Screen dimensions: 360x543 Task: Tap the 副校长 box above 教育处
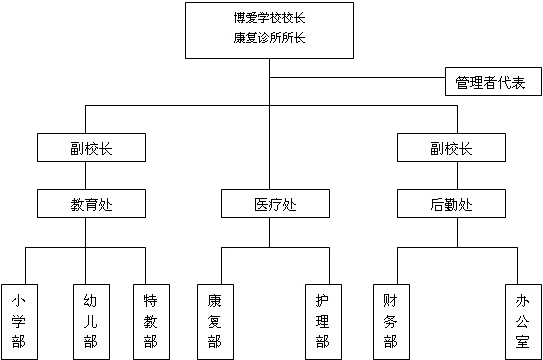click(x=91, y=148)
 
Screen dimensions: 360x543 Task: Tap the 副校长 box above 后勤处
click(x=450, y=148)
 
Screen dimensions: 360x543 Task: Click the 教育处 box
click(x=91, y=204)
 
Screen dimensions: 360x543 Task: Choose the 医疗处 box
click(x=274, y=204)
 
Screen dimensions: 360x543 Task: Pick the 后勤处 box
click(x=450, y=204)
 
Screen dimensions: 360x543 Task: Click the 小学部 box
click(x=19, y=320)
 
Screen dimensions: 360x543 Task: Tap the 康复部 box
click(x=215, y=320)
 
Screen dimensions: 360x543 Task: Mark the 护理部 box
click(x=321, y=320)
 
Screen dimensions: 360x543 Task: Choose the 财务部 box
click(x=390, y=320)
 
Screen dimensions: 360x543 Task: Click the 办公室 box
click(x=523, y=320)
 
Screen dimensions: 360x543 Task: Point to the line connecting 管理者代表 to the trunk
click(x=360, y=77)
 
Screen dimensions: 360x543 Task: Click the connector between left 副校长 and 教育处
click(x=86, y=176)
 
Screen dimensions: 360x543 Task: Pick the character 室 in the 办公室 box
click(x=523, y=343)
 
